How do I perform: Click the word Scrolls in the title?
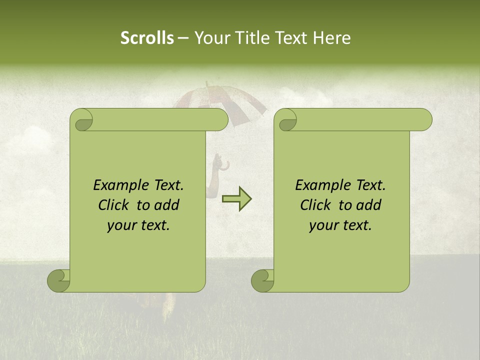147,38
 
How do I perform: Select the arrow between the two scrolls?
236,199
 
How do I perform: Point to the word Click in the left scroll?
114,205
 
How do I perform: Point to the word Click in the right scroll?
316,205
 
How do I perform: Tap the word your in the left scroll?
121,225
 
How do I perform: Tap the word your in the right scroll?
323,225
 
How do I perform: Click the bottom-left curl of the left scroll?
59,280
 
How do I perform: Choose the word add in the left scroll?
167,205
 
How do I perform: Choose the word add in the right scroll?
369,205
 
